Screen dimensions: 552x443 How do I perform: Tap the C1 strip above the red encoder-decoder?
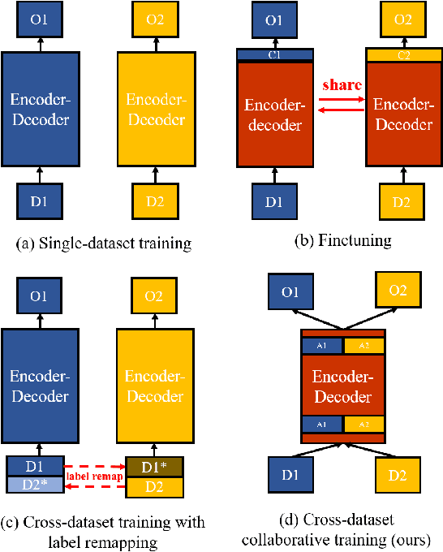pyautogui.click(x=274, y=54)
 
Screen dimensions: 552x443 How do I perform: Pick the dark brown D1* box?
pyautogui.click(x=156, y=467)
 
